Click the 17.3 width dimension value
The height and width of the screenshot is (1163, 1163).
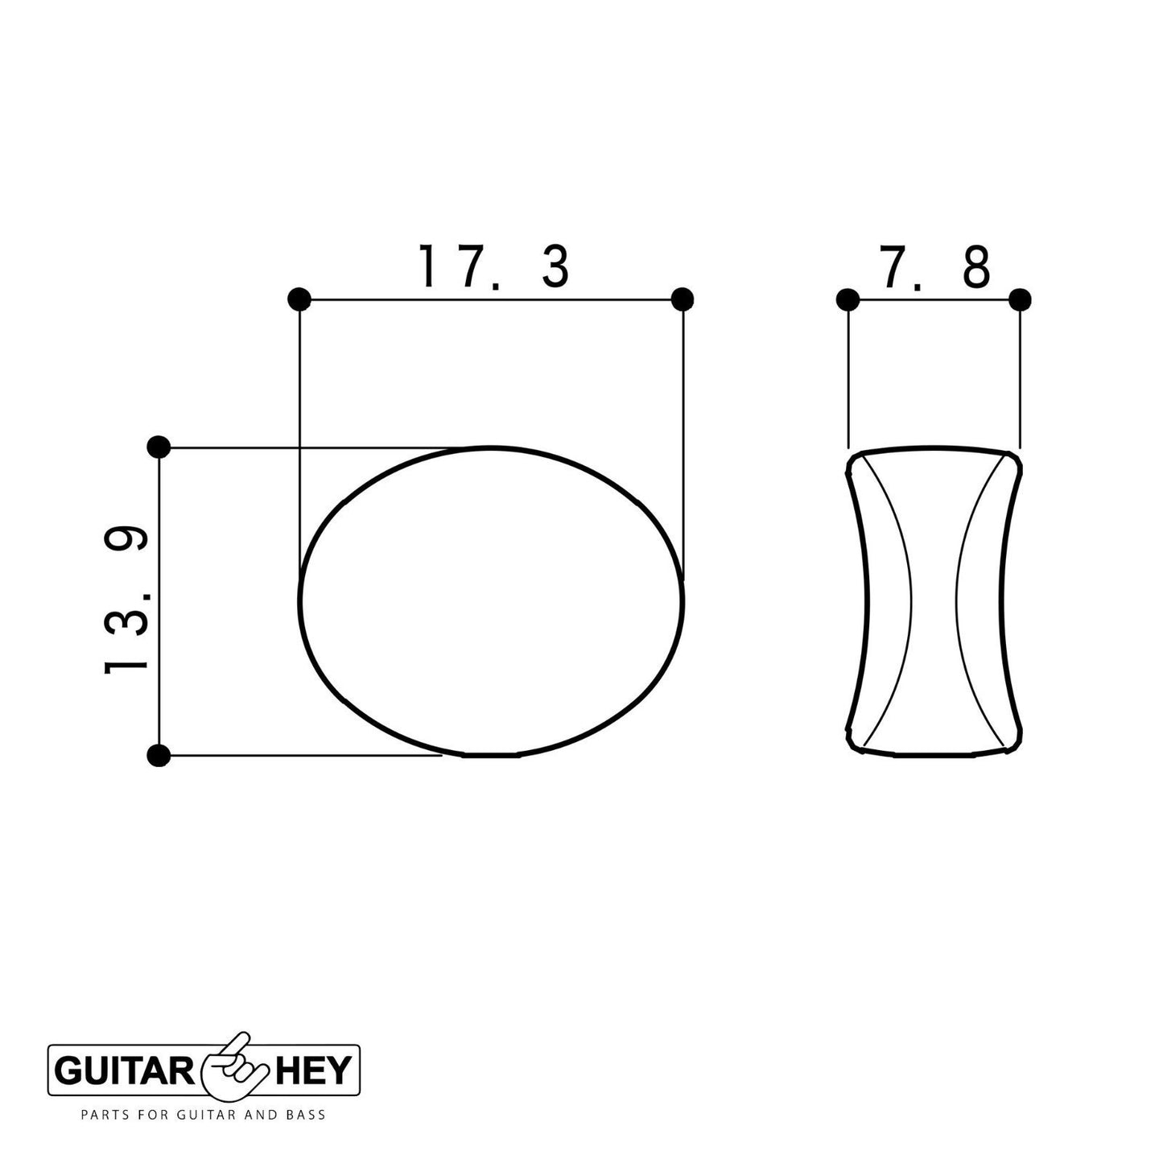pos(493,266)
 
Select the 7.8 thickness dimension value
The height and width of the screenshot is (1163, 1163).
pos(935,266)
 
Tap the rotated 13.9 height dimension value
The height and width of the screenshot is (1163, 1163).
pos(126,600)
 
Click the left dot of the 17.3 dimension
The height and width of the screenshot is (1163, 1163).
pos(299,299)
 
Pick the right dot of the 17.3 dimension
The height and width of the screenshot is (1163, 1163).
pos(682,299)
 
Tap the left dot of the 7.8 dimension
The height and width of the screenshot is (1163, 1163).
pos(848,299)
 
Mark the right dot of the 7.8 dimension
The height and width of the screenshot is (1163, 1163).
pos(1020,299)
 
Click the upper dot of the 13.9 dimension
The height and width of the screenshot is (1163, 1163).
pos(159,447)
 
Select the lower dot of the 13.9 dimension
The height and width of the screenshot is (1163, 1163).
pos(159,755)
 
